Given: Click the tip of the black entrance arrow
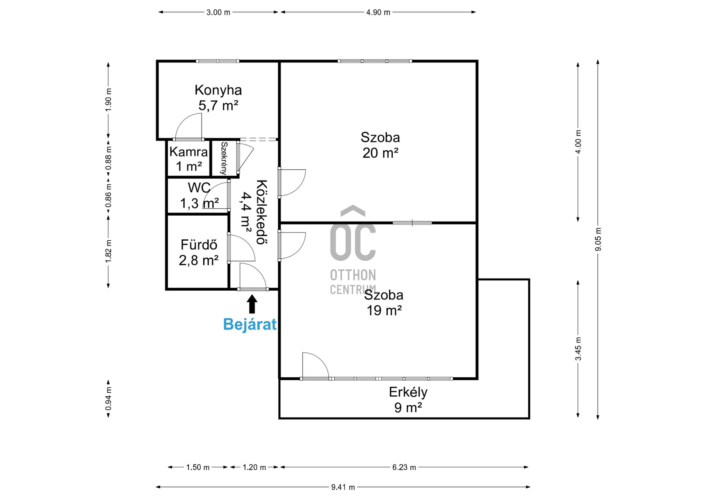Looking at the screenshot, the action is pyautogui.click(x=252, y=295).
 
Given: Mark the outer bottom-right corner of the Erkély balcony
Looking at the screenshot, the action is pyautogui.click(x=529, y=419).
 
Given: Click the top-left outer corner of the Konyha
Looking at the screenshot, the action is pyautogui.click(x=157, y=60).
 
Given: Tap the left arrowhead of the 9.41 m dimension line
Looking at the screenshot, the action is pyautogui.click(x=156, y=487).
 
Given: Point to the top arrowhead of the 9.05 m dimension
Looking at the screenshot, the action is pyautogui.click(x=598, y=60).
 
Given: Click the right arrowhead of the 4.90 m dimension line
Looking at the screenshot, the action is pyautogui.click(x=475, y=12).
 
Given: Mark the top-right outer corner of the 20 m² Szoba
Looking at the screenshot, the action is pyautogui.click(x=478, y=60).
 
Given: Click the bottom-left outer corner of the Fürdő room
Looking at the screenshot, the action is pyautogui.click(x=166, y=290).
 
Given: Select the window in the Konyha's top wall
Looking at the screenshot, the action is pyautogui.click(x=218, y=61).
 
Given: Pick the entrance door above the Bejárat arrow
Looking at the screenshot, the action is pyautogui.click(x=253, y=277).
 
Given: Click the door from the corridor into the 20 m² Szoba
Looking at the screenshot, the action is pyautogui.click(x=292, y=183).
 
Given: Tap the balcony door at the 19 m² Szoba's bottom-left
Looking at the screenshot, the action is pyautogui.click(x=315, y=366).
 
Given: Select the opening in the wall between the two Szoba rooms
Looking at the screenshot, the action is pyautogui.click(x=412, y=223).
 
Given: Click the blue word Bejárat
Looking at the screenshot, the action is pyautogui.click(x=250, y=324).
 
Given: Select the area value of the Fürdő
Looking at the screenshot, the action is pyautogui.click(x=199, y=260).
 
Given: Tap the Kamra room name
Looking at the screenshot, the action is pyautogui.click(x=189, y=152).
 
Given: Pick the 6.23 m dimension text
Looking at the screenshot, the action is pyautogui.click(x=404, y=467).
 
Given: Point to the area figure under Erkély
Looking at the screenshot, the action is pyautogui.click(x=408, y=408).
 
